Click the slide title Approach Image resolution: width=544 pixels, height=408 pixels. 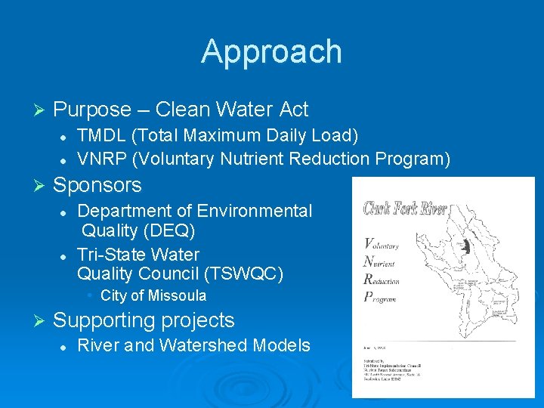tap(271, 51)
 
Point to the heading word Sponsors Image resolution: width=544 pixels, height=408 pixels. tap(97, 185)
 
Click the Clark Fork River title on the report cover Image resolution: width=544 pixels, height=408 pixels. tap(405, 209)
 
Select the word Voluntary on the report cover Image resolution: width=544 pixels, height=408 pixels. tap(382, 243)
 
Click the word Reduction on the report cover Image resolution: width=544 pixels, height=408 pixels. tap(382, 279)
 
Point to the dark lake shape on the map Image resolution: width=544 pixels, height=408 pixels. tap(466, 247)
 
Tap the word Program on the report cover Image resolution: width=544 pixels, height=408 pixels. tap(382, 297)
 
